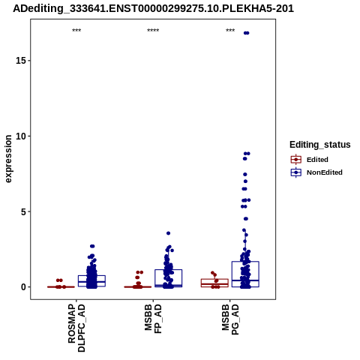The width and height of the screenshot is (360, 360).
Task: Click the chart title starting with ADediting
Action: click(x=153, y=8)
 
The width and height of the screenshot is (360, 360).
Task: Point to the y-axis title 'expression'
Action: click(x=8, y=159)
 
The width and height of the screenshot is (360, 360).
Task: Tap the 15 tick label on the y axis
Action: click(x=21, y=61)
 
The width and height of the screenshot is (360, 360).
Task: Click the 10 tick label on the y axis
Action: click(x=21, y=136)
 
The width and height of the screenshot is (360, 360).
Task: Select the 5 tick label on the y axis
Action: click(x=24, y=211)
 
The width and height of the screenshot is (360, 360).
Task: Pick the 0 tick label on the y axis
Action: click(x=24, y=287)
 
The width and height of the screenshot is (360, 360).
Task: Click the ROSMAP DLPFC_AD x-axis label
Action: click(x=76, y=328)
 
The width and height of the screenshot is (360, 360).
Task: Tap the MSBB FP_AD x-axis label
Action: click(x=153, y=319)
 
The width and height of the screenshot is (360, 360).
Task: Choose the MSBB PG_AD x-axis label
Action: click(x=230, y=319)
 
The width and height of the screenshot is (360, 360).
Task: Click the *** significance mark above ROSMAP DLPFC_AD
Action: click(x=76, y=31)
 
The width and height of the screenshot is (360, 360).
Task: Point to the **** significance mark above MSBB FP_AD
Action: click(x=153, y=31)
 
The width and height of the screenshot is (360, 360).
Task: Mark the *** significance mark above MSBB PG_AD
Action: click(x=230, y=31)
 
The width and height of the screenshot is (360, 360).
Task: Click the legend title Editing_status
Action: click(x=320, y=145)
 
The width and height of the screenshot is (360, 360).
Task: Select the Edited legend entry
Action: click(x=309, y=160)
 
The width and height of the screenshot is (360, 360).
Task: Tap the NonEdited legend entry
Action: click(x=316, y=172)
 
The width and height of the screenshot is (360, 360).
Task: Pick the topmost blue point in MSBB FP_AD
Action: click(x=169, y=233)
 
